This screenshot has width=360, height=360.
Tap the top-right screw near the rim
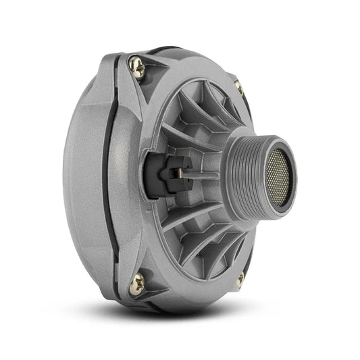pyautogui.click(x=238, y=86)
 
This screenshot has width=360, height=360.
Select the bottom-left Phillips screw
pyautogui.click(x=137, y=284)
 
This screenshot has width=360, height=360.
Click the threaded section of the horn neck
pyautogui.click(x=247, y=176)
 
